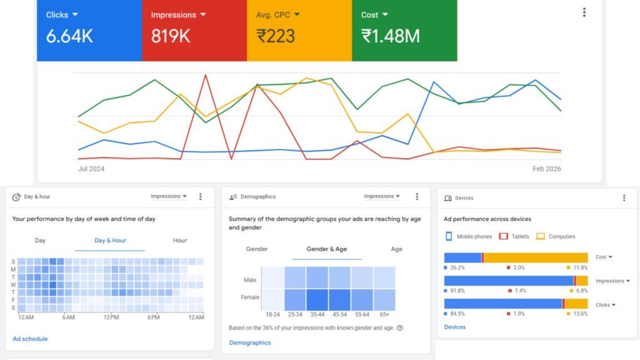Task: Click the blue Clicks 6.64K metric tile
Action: pyautogui.click(x=89, y=29)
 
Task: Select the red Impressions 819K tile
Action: pyautogui.click(x=194, y=29)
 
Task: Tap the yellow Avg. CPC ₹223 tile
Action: pyautogui.click(x=299, y=29)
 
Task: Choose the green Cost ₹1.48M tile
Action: pyautogui.click(x=404, y=29)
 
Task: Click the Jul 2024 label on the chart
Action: pyautogui.click(x=91, y=169)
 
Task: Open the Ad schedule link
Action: pyautogui.click(x=30, y=339)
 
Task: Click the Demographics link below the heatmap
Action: pyautogui.click(x=250, y=342)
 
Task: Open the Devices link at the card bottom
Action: pyautogui.click(x=454, y=327)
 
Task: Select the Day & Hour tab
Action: pyautogui.click(x=110, y=241)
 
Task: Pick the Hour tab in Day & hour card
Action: pyautogui.click(x=180, y=241)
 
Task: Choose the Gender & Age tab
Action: pyautogui.click(x=326, y=249)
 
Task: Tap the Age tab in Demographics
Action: pyautogui.click(x=397, y=249)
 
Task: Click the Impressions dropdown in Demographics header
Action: pyautogui.click(x=381, y=196)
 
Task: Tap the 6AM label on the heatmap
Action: pyautogui.click(x=68, y=317)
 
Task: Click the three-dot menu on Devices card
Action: pyautogui.click(x=624, y=198)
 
